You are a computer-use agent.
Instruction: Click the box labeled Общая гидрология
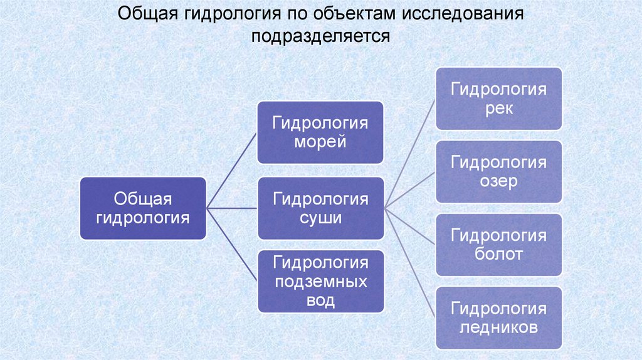(143, 208)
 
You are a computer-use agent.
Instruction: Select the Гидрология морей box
(320, 132)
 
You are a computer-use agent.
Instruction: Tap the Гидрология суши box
(320, 208)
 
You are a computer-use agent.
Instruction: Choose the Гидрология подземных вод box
(320, 281)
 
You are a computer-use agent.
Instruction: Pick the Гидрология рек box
(499, 98)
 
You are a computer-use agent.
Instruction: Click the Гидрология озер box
(499, 171)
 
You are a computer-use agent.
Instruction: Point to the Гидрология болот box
(499, 245)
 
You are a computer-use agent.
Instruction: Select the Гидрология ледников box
(499, 317)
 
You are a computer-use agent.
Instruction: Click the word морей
(320, 142)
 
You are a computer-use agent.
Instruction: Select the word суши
(320, 218)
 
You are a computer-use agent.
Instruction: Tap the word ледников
(499, 327)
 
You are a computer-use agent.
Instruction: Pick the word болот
(499, 255)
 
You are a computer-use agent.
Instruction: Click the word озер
(499, 181)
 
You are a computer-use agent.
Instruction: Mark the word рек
(499, 109)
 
